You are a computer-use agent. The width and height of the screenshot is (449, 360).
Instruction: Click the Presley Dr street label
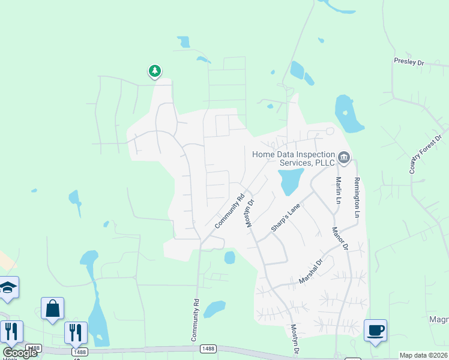point(409,62)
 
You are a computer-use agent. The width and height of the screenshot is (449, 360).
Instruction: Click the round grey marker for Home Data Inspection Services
point(344,158)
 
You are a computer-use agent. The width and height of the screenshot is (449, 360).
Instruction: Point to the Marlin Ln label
point(338,188)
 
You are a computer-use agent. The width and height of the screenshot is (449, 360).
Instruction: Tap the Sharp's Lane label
point(285,218)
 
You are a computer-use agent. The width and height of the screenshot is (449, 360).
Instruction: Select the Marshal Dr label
point(311,272)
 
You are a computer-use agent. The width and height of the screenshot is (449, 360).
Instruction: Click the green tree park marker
point(155,71)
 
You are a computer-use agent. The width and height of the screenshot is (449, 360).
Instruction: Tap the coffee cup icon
point(375,329)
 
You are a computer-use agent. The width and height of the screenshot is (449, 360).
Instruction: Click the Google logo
point(20,352)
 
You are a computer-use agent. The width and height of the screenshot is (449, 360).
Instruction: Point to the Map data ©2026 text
point(423,355)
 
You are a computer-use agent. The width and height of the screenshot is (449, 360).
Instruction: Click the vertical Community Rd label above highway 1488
point(195,320)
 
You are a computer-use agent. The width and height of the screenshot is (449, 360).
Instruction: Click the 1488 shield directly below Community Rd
point(208,348)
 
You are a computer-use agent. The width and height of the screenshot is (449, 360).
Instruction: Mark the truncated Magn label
point(439,320)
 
